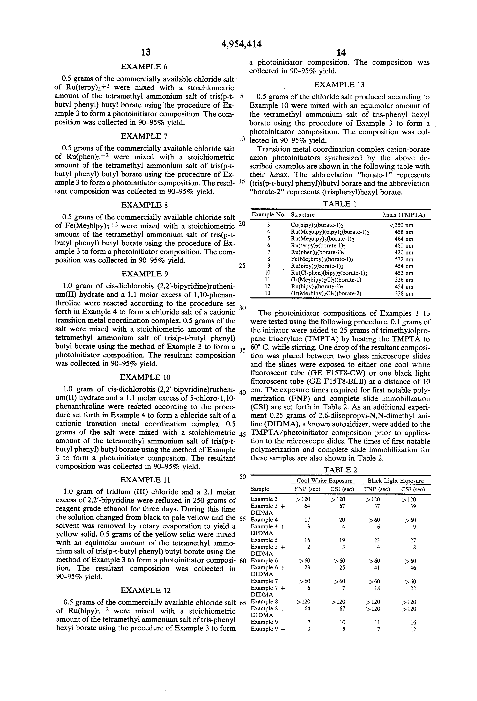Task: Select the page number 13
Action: point(146,52)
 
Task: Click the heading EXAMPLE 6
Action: point(144,67)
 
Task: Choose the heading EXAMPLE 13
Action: point(339,85)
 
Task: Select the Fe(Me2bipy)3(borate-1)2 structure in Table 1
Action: point(322,259)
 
